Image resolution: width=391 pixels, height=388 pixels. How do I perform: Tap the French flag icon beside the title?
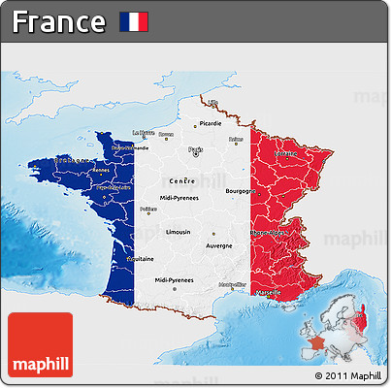133,21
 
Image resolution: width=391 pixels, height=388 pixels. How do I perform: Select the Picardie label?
210,124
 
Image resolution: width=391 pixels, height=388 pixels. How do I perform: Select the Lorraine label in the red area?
285,153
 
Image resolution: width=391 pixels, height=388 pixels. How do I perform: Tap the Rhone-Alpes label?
269,233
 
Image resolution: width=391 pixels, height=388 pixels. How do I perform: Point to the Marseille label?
268,291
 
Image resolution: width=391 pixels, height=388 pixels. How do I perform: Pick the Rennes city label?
101,170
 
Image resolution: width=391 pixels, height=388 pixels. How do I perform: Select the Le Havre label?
141,132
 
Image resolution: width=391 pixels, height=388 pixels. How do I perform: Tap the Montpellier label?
232,284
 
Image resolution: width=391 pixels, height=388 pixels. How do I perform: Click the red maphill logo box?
40,344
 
